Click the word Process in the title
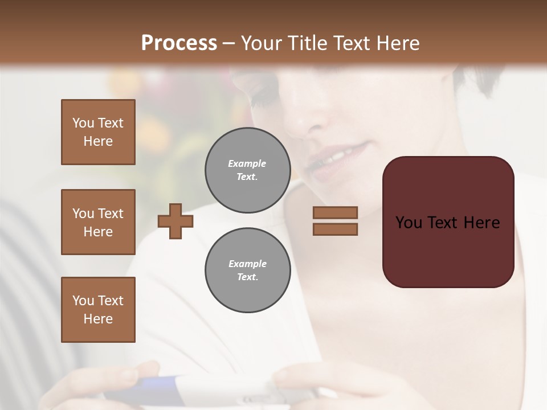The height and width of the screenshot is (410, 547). coord(179,43)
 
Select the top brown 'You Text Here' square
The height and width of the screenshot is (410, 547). coord(98,132)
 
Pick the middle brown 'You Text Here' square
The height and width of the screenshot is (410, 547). coord(98,222)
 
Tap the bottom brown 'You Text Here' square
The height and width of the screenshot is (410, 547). coord(98,310)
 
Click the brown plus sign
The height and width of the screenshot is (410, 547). coord(175,220)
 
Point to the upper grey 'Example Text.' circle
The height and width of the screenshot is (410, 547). coord(247,170)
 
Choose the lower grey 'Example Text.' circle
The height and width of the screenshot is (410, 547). coord(247,270)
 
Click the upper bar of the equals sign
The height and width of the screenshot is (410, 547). coord(335,212)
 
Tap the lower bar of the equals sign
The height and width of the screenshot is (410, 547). coord(335,229)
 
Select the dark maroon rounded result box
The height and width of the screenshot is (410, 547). coord(448,222)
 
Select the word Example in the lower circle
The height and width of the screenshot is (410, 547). coord(247,264)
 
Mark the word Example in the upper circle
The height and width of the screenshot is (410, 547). coord(247,163)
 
